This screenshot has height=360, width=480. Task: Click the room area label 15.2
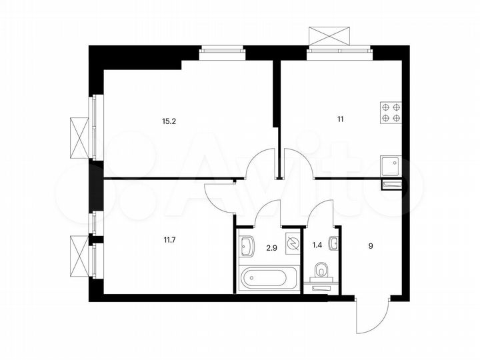point(169,122)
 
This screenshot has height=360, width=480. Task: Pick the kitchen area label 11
point(340,120)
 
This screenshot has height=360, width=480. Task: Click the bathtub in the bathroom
point(265,277)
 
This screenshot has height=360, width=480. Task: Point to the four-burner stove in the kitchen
point(391,111)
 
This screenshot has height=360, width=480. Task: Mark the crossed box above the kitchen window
point(330,35)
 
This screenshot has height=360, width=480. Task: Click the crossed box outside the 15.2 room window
point(79,137)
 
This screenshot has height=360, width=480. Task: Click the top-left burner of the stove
point(385,106)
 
